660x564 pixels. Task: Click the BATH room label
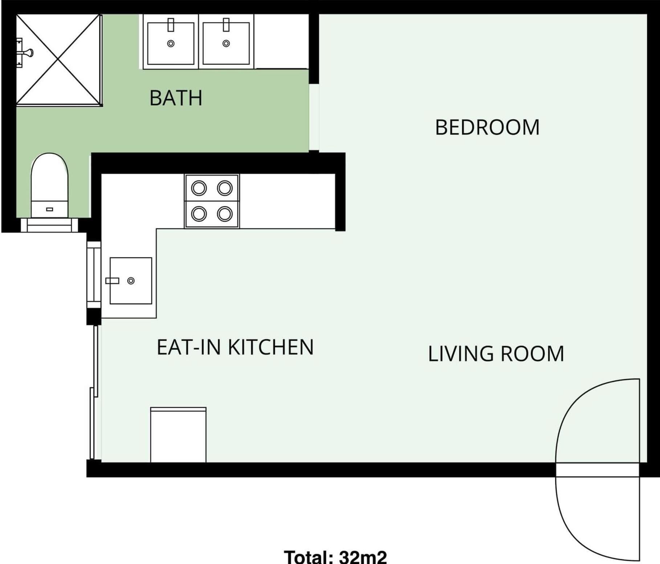[176, 98]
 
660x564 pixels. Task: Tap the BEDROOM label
[487, 128]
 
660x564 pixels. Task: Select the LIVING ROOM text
[496, 354]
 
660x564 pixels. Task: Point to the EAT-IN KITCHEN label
[235, 347]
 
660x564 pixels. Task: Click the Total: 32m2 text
[335, 556]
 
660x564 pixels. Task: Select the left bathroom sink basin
[171, 44]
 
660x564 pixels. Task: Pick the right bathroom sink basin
[226, 44]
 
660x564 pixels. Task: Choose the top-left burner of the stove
[199, 188]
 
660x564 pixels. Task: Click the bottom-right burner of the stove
[225, 214]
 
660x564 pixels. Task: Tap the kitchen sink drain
[131, 281]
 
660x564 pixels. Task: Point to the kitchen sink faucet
[112, 281]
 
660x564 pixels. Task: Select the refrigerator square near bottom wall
[178, 435]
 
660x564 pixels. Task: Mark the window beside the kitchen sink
[93, 275]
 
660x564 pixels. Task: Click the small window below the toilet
[49, 225]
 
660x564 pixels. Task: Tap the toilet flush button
[50, 209]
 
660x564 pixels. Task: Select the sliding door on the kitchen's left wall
[94, 392]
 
